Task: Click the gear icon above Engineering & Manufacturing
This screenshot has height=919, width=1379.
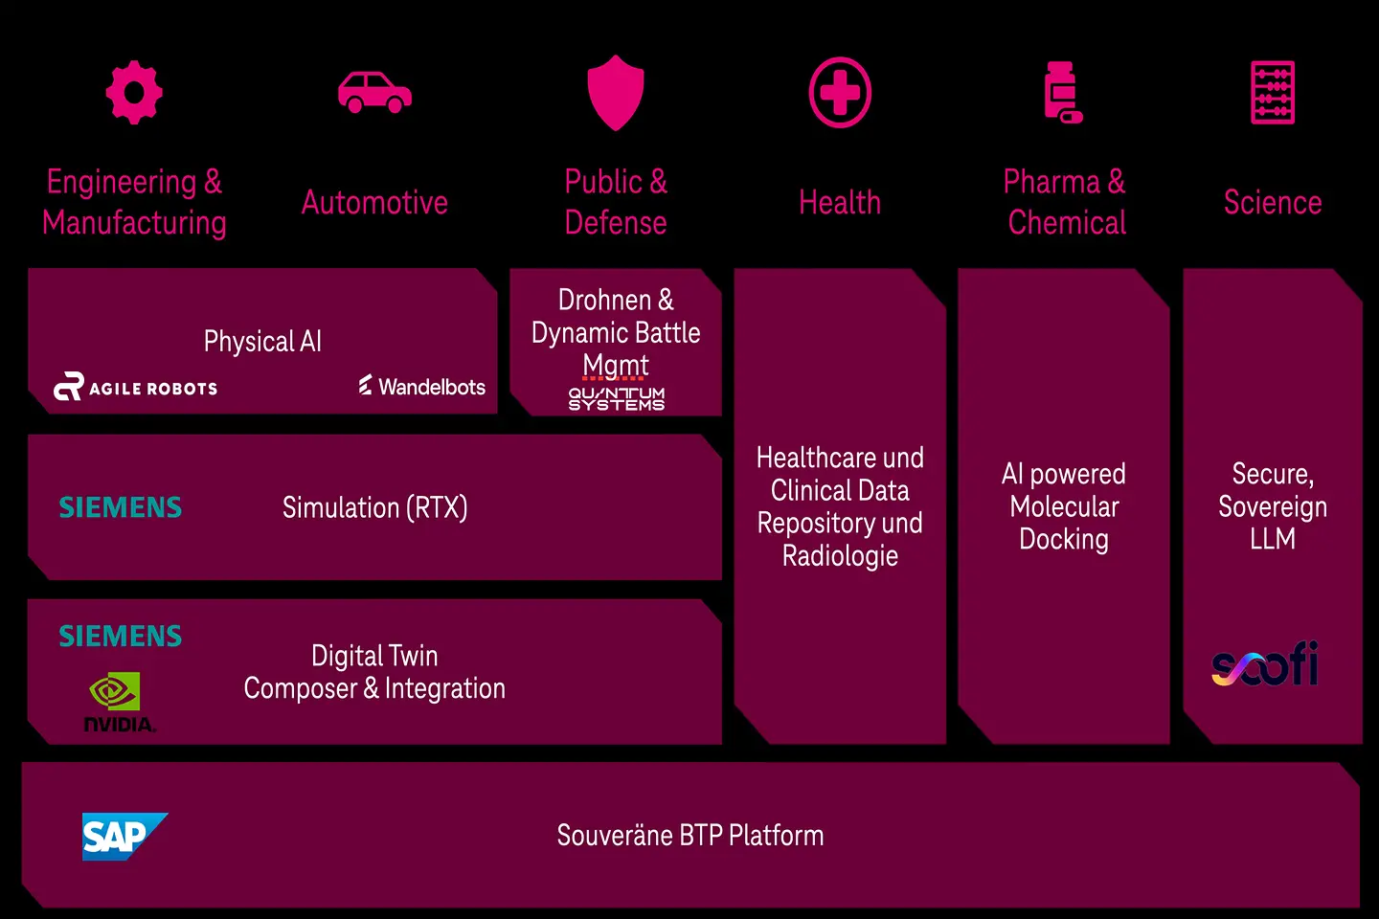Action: (x=134, y=92)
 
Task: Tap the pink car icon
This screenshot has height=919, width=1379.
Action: (x=374, y=92)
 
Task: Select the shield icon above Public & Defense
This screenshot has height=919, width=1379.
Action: (x=615, y=92)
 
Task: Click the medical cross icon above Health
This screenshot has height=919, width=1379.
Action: (x=840, y=93)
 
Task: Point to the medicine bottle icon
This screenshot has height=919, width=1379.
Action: (x=1063, y=92)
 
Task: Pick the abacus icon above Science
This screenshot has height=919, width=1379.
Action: (x=1272, y=92)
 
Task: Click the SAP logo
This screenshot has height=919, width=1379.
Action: (x=124, y=837)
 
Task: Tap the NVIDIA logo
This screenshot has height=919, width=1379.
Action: (x=117, y=703)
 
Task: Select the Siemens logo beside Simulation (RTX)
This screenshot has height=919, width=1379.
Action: (x=121, y=507)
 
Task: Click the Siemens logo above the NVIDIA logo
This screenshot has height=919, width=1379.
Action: (x=121, y=637)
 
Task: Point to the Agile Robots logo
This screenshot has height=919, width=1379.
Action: (x=136, y=387)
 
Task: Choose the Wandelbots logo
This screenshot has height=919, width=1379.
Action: (x=422, y=387)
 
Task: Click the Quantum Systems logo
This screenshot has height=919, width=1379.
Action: (x=616, y=398)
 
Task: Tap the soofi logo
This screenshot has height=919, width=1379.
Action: (x=1264, y=664)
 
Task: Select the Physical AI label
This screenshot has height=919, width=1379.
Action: (x=262, y=342)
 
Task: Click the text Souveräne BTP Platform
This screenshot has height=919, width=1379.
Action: (x=689, y=836)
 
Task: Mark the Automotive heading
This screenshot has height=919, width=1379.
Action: (x=374, y=203)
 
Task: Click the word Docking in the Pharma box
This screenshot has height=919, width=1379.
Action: (x=1063, y=539)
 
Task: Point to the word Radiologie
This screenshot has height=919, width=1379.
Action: (x=840, y=556)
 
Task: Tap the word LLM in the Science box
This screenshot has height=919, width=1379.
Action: (x=1272, y=539)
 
